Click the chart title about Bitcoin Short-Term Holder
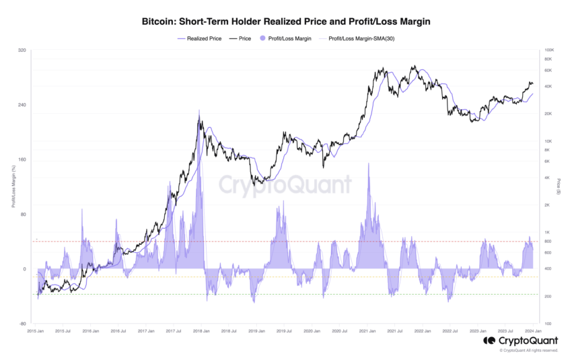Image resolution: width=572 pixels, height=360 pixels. pos(286,22)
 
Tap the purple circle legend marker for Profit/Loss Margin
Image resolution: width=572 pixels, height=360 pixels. pos(262,38)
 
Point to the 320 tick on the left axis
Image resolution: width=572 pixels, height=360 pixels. pos(22,50)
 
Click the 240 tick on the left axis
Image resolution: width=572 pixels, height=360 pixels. pos(22,105)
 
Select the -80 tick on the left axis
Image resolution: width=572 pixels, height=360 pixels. pos(22,323)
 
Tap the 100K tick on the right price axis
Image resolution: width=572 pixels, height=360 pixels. pos(549,50)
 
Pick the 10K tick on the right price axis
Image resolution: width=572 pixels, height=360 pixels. pos(548,141)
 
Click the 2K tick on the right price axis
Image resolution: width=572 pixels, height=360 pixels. pos(548,205)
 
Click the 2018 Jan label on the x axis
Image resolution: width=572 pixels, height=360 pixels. pos(201,331)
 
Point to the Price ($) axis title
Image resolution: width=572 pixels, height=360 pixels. pos(559,187)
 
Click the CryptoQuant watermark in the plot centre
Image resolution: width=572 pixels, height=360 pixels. pos(286,184)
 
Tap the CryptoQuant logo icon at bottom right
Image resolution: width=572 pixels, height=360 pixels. pos(489,341)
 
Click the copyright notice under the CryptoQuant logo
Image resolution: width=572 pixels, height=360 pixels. pos(528,351)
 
